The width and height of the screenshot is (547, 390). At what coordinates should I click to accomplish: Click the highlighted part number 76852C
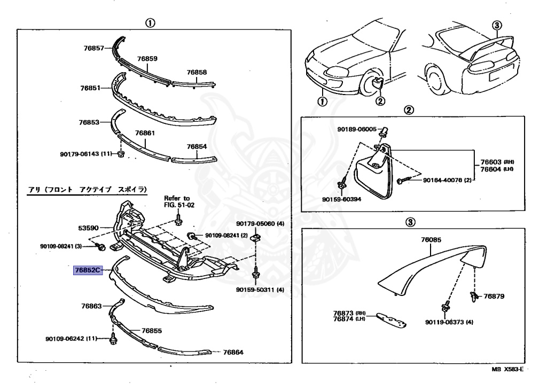(x=88, y=271)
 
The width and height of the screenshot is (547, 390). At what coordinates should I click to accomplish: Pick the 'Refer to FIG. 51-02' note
(x=177, y=201)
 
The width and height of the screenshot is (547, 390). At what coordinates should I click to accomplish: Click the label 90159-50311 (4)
(x=265, y=290)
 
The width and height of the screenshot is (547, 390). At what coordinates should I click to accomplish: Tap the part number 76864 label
(x=233, y=352)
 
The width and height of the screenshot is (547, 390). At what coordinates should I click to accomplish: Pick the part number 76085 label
(x=431, y=240)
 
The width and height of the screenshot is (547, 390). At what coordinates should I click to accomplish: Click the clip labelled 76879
(x=474, y=295)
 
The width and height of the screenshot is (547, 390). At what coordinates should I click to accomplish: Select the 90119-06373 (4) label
(x=449, y=322)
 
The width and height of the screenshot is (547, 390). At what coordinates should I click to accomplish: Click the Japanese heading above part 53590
(x=87, y=190)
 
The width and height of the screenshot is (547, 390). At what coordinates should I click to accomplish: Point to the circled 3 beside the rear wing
(x=496, y=25)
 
